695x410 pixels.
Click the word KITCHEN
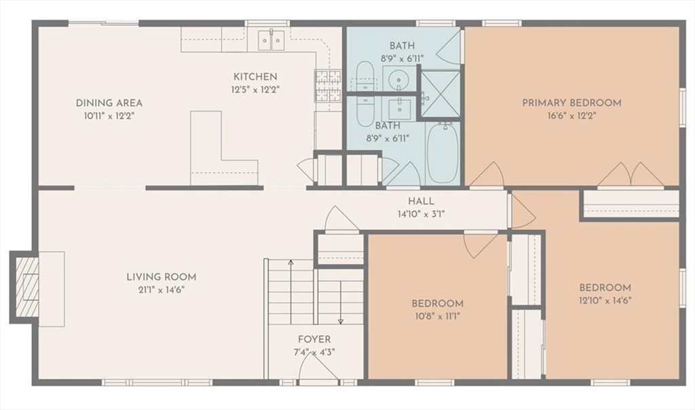click(255, 77)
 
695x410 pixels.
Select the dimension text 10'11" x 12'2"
click(109, 116)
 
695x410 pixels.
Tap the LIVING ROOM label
click(161, 277)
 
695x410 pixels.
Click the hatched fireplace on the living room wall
click(27, 288)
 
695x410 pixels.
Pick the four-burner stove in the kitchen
click(328, 86)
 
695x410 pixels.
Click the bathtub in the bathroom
click(443, 154)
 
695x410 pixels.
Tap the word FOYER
click(314, 339)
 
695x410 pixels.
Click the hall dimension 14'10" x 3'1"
click(421, 213)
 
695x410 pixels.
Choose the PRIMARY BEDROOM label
click(571, 103)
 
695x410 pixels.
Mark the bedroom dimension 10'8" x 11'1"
click(437, 316)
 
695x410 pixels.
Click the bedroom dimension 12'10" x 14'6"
click(605, 300)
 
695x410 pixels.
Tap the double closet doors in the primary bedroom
click(631, 175)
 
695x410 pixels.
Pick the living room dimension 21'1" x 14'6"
click(161, 290)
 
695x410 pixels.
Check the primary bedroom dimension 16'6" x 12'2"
click(571, 116)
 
